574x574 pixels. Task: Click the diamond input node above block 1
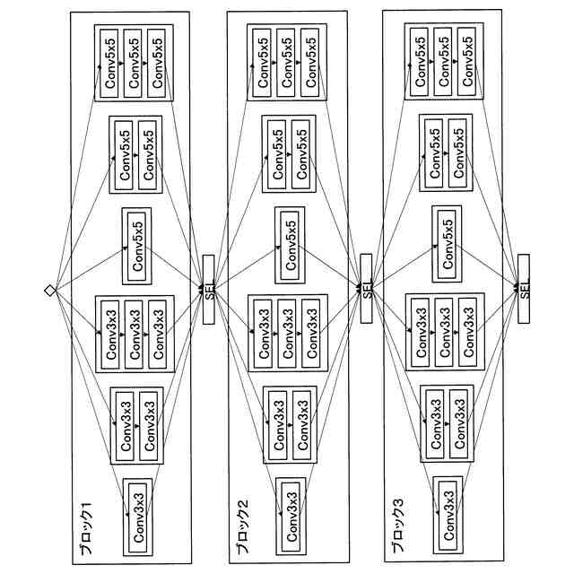(50, 289)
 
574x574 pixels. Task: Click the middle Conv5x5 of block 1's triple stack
(135, 63)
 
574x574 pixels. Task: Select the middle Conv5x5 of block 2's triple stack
(289, 63)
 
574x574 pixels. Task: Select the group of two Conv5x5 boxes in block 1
(136, 153)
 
